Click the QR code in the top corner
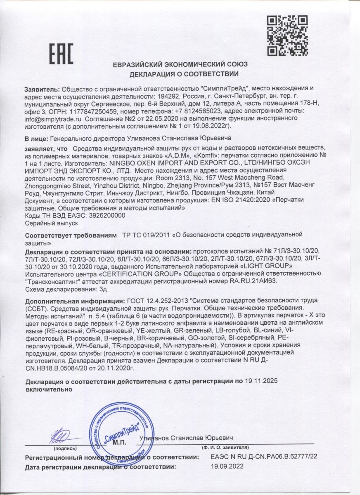click(x=285, y=35)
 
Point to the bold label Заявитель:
click(x=42, y=89)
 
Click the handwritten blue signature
click(x=62, y=437)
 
